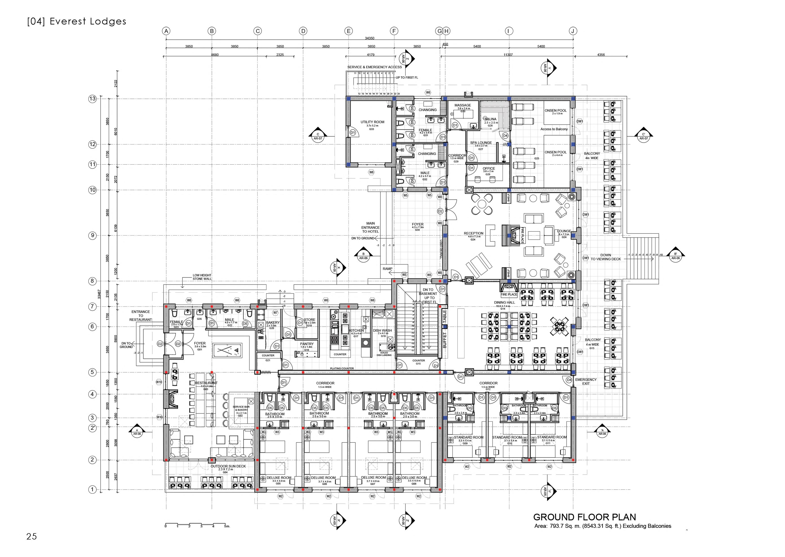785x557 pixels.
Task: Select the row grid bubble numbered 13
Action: tap(92, 99)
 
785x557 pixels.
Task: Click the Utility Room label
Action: tap(372, 122)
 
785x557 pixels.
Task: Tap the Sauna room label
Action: tap(491, 119)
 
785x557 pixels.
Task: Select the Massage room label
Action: tap(463, 105)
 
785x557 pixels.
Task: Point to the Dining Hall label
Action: tap(504, 303)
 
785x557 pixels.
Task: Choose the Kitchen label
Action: tap(356, 331)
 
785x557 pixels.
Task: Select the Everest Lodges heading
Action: tap(77, 21)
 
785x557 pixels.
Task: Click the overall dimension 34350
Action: tap(370, 38)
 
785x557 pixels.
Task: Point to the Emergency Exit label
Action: tap(586, 381)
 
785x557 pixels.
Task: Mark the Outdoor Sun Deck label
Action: tap(228, 466)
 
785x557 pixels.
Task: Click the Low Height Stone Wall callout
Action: tap(202, 277)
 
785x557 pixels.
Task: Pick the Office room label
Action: tap(489, 168)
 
